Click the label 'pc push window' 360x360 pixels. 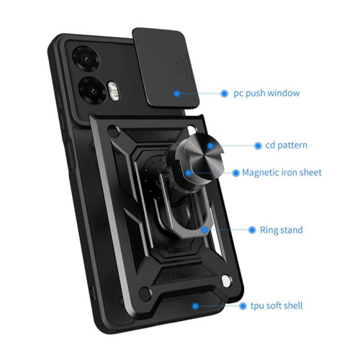pos(266,94)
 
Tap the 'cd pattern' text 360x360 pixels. pos(287,145)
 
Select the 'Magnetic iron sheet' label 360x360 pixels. pos(282,173)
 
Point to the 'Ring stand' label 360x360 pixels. pos(282,230)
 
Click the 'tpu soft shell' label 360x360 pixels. pos(276,306)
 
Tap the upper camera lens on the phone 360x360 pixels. pos(86,58)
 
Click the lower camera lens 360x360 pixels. pos(92,91)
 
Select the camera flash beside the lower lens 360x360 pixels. pos(113,91)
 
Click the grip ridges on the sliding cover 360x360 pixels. pos(184,67)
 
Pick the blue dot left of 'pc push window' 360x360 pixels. pos(224,94)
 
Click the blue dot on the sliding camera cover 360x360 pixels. pos(177,94)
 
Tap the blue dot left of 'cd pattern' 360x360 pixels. pos(258,145)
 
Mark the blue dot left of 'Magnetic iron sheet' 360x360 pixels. pos(236,173)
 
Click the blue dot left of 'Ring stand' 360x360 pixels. pos(252,230)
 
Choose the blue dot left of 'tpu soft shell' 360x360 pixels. pos(243,306)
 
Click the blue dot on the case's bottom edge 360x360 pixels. pos(195,306)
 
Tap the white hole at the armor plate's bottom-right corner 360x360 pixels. pos(226,281)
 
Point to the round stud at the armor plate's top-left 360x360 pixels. pos(113,131)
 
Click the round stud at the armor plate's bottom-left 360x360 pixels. pos(145,293)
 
